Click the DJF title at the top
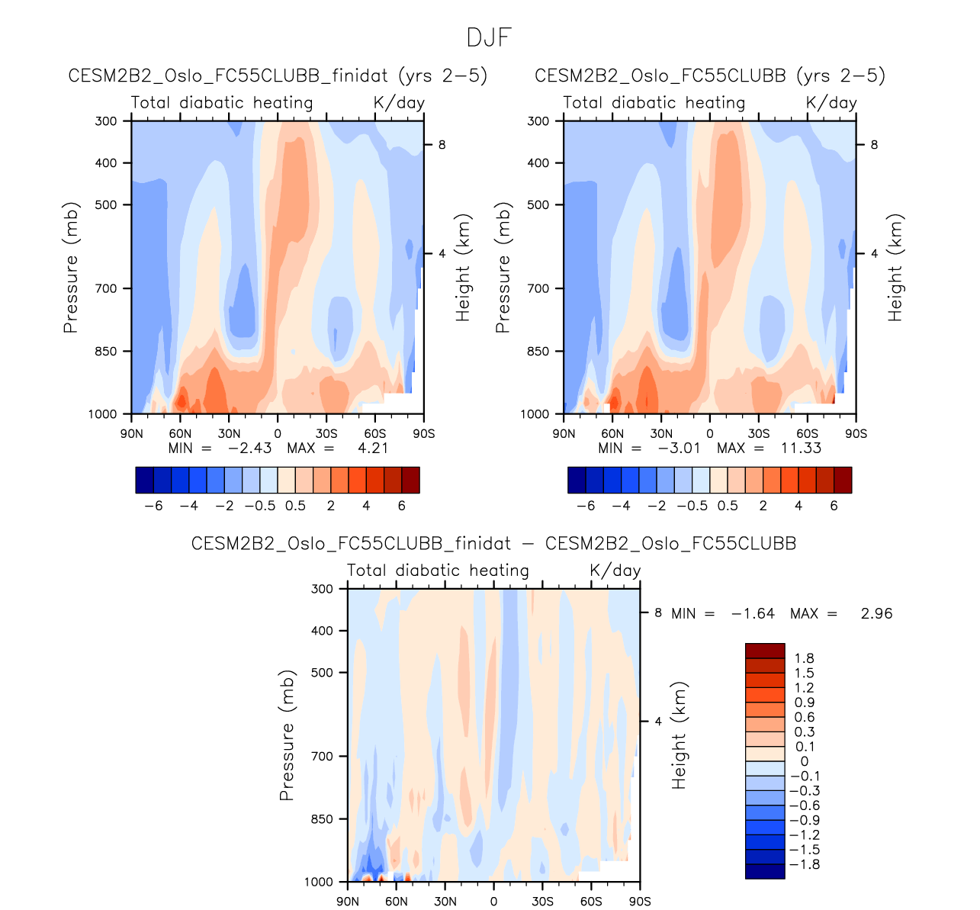click(x=489, y=37)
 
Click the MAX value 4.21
click(x=373, y=448)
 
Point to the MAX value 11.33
click(x=801, y=448)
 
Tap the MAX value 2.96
click(x=876, y=613)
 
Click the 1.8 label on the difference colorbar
click(x=804, y=658)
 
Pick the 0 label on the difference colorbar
click(x=804, y=761)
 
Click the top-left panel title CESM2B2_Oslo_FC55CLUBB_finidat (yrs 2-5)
click(x=278, y=76)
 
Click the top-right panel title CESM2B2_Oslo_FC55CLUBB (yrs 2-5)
click(x=710, y=76)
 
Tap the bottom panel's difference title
click(x=493, y=543)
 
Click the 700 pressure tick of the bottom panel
click(x=323, y=756)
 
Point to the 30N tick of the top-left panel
click(x=229, y=434)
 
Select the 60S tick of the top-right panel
click(x=807, y=434)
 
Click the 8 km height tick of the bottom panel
click(x=657, y=613)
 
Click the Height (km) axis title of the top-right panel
click(x=895, y=268)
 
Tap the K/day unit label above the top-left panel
click(x=399, y=102)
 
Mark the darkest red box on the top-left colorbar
click(x=410, y=480)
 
